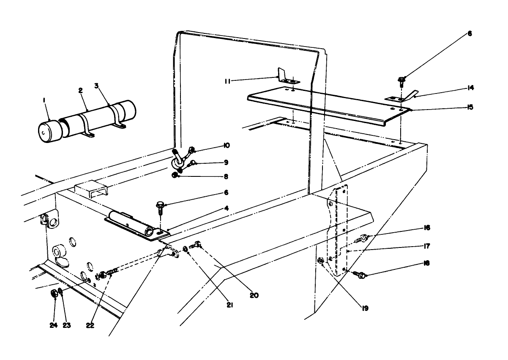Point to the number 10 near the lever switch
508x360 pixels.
coord(226,145)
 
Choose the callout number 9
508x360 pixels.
coord(226,162)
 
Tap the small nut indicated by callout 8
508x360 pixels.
coord(175,175)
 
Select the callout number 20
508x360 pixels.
coord(254,295)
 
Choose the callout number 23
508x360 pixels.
coord(67,325)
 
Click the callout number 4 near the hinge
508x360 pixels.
coord(226,208)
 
